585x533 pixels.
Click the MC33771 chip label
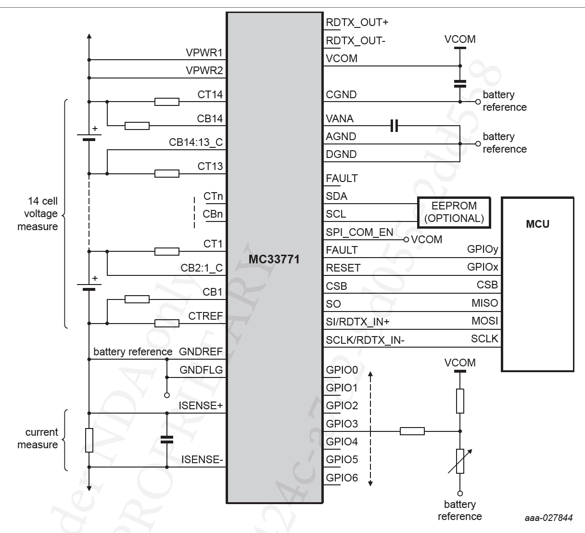(x=274, y=260)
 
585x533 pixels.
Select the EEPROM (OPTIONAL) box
(x=454, y=212)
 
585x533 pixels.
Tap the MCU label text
(x=537, y=224)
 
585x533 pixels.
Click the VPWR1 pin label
(x=204, y=52)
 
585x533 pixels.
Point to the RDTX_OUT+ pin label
(x=357, y=23)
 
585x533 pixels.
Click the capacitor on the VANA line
(x=394, y=127)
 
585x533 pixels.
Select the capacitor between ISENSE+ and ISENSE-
(x=167, y=439)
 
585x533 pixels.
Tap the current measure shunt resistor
(x=89, y=440)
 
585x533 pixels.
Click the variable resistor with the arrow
(x=460, y=461)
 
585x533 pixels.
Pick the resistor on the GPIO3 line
(x=412, y=431)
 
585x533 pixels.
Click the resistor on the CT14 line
(x=167, y=102)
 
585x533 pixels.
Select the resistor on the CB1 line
(x=137, y=299)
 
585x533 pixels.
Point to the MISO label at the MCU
(x=484, y=303)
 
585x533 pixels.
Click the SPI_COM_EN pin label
(x=359, y=232)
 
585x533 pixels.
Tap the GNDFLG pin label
(x=201, y=370)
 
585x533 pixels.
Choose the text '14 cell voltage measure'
(x=38, y=214)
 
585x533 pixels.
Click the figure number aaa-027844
(x=548, y=518)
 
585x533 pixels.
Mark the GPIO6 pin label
(x=342, y=478)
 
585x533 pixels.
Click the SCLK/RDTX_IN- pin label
(x=365, y=340)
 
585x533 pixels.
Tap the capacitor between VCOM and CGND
(x=460, y=83)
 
